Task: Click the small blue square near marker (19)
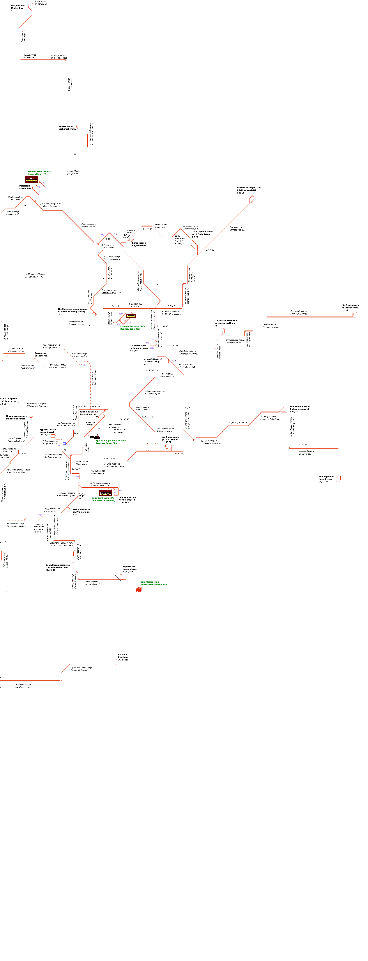point(64,444)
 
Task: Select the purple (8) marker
point(85,365)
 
